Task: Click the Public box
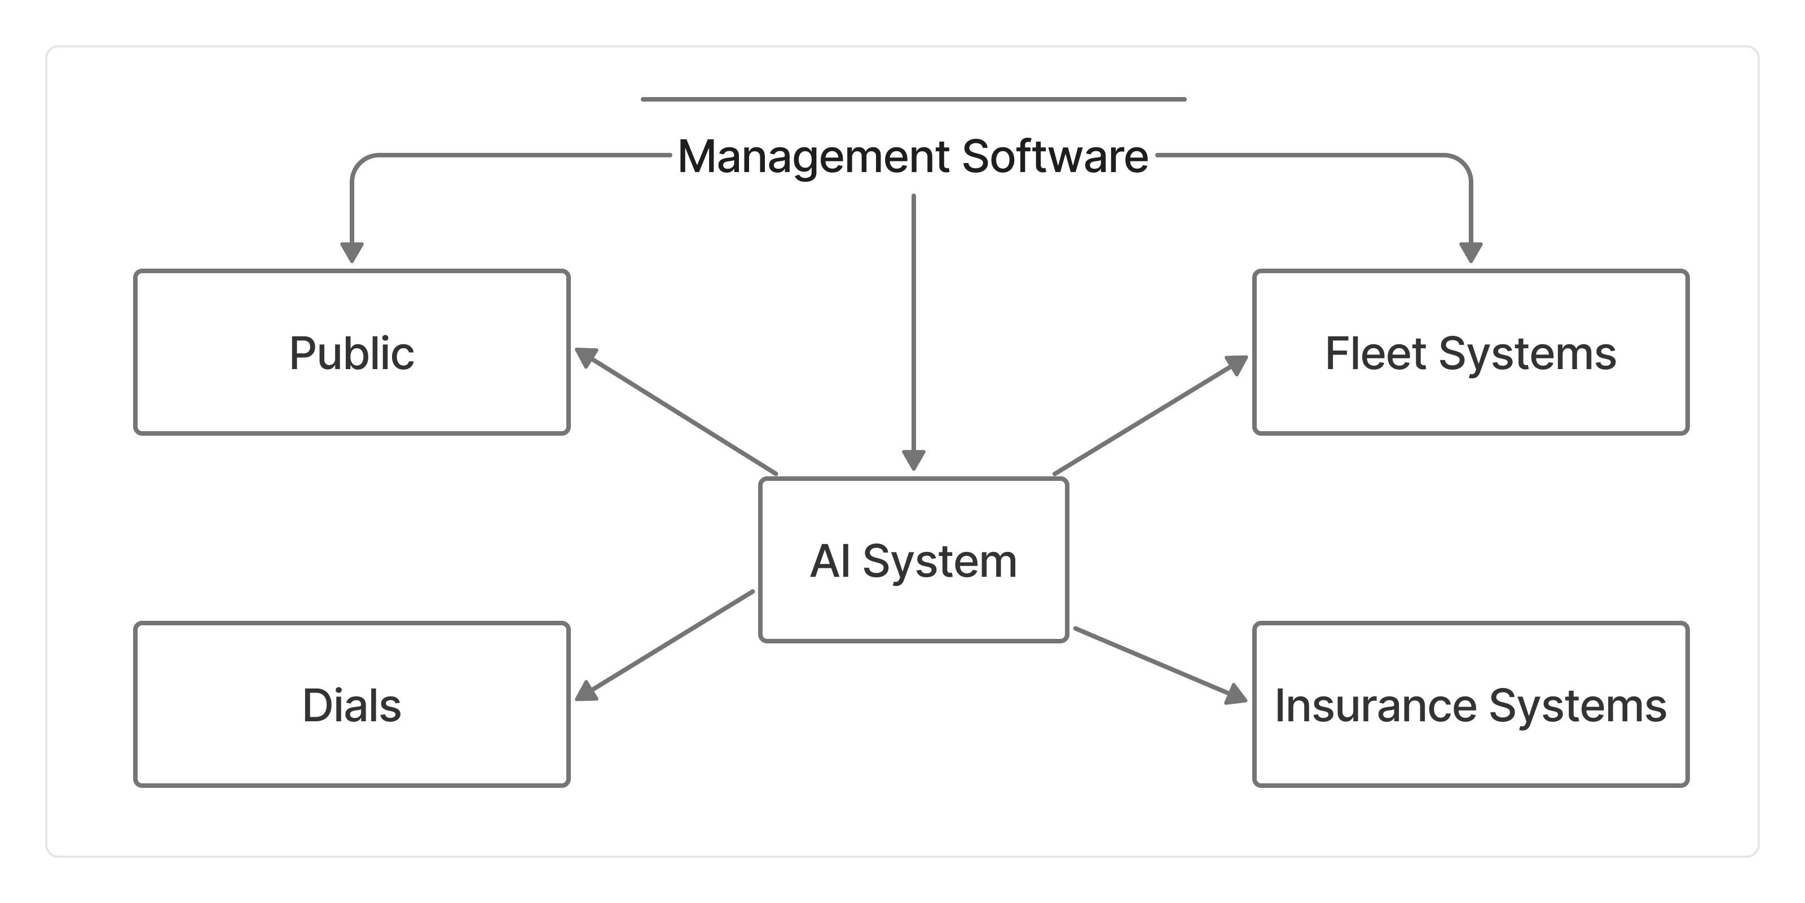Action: tap(352, 393)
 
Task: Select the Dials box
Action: tap(352, 743)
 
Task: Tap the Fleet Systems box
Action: tap(1470, 393)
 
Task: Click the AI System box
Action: tap(913, 603)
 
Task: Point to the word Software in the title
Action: tap(1055, 156)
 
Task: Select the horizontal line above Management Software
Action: tap(913, 99)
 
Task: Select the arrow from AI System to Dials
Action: tap(666, 645)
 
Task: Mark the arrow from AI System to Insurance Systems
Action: tap(1156, 663)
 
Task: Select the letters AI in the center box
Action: tap(830, 562)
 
